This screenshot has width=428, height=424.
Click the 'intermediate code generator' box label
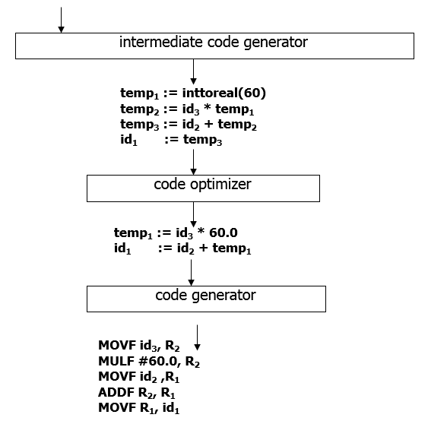pyautogui.click(x=214, y=43)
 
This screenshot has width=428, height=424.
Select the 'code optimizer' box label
pyautogui.click(x=202, y=185)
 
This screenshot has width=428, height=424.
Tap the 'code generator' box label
pyautogui.click(x=205, y=296)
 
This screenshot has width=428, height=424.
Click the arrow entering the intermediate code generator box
pyautogui.click(x=61, y=20)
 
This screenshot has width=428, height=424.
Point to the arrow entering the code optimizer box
pyautogui.click(x=194, y=162)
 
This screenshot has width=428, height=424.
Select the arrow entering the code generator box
pyautogui.click(x=191, y=273)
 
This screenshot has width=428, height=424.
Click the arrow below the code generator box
pyautogui.click(x=197, y=337)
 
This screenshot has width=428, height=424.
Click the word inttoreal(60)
pyautogui.click(x=224, y=93)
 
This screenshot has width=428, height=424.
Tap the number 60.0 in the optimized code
pyautogui.click(x=224, y=233)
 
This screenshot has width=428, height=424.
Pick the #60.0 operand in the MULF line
pyautogui.click(x=158, y=361)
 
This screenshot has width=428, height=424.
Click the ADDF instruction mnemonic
pyautogui.click(x=116, y=392)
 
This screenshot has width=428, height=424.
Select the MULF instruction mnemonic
pyautogui.click(x=116, y=361)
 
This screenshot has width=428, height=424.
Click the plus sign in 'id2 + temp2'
pyautogui.click(x=208, y=124)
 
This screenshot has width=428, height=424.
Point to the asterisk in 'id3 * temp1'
pyautogui.click(x=208, y=107)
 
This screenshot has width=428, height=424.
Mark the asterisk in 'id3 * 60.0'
pyautogui.click(x=201, y=231)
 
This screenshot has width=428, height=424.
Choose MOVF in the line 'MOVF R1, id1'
pyautogui.click(x=117, y=408)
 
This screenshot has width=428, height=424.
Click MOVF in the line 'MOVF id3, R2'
pyautogui.click(x=117, y=345)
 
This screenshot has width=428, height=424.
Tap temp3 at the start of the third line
pyautogui.click(x=139, y=125)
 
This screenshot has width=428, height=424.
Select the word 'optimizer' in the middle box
pyautogui.click(x=220, y=185)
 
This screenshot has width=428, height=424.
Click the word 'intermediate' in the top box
pyautogui.click(x=160, y=43)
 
